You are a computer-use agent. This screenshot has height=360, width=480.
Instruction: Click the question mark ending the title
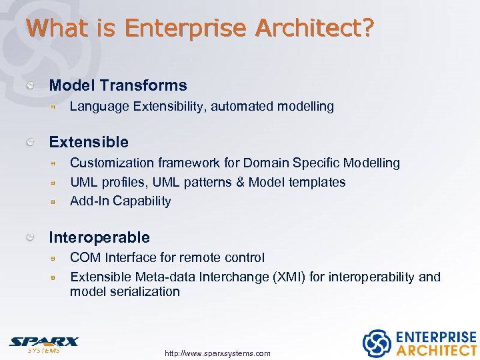368,28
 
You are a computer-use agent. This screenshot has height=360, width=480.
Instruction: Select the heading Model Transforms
118,85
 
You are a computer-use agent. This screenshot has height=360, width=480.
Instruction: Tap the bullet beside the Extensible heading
31,142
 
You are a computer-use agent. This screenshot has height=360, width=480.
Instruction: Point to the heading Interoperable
99,237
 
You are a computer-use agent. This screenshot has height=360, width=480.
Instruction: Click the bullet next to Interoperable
31,237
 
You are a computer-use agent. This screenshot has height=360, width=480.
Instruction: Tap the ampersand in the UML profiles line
238,182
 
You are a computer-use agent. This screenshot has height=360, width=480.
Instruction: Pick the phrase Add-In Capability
121,201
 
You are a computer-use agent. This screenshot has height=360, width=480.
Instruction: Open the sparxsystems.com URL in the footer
217,353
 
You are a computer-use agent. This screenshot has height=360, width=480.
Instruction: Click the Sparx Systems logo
43,343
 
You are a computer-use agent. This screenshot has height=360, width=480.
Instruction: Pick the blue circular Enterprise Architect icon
376,343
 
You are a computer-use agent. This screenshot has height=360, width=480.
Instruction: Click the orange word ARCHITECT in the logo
436,350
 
